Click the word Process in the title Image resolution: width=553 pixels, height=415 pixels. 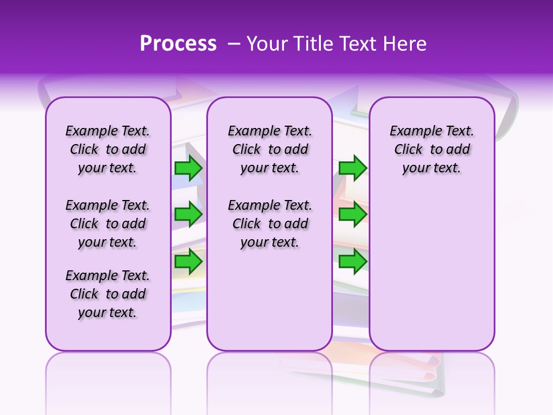[178, 44]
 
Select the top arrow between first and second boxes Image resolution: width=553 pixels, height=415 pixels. [188, 168]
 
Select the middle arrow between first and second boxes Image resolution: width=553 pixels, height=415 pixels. [188, 214]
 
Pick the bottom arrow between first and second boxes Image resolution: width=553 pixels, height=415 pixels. [188, 261]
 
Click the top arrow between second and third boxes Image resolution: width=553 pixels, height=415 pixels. [353, 168]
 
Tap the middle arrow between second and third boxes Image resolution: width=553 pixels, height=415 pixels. [353, 214]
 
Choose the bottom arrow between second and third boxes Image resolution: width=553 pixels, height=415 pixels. [353, 261]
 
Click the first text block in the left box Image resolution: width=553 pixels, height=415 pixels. [108, 149]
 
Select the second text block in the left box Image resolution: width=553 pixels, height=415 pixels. [108, 224]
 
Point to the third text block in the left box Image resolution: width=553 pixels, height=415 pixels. [108, 294]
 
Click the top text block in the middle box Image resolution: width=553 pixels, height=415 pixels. [270, 149]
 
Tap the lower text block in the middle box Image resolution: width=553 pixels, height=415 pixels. [270, 224]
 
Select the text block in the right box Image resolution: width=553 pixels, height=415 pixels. [431, 149]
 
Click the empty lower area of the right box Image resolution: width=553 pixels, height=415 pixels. [431, 271]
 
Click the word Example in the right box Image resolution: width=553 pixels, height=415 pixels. [412, 131]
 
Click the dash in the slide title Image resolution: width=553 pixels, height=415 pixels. [234, 44]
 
